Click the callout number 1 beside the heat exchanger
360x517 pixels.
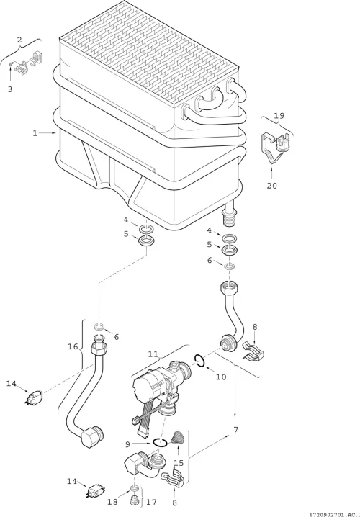pyautogui.click(x=35, y=133)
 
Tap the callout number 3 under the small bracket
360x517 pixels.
pyautogui.click(x=10, y=89)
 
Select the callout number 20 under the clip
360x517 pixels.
pyautogui.click(x=272, y=186)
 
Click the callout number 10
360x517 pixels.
pyautogui.click(x=221, y=377)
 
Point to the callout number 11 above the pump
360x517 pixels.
pyautogui.click(x=153, y=354)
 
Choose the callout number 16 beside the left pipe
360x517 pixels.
pyautogui.click(x=73, y=346)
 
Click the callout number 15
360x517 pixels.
pyautogui.click(x=179, y=463)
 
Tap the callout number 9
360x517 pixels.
pyautogui.click(x=127, y=444)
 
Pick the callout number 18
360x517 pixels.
pyautogui.click(x=112, y=502)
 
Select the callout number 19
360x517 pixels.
pyautogui.click(x=279, y=116)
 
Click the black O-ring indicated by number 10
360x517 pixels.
pyautogui.click(x=199, y=360)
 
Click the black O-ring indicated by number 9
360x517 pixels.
pyautogui.click(x=161, y=442)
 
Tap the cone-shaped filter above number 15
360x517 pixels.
pyautogui.click(x=177, y=437)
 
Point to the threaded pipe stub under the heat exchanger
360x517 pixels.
pyautogui.click(x=230, y=215)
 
